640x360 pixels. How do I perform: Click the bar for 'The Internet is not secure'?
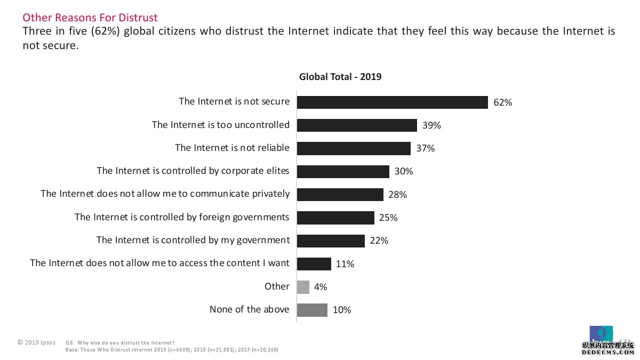pos(392,102)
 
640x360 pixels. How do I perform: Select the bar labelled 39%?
pos(357,125)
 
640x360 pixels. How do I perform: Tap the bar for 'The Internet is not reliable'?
pos(354,148)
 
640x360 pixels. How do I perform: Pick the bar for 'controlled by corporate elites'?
pos(343,171)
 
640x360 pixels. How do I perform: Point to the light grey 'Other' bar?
pos(303,287)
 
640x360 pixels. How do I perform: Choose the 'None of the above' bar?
pos(312,310)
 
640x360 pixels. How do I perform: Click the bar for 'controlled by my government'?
pos(331,241)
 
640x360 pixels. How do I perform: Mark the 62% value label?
pos(502,102)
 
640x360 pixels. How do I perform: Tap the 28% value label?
pos(397,195)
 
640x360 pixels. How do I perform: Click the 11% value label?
pos(345,264)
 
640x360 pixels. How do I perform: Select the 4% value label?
pos(321,287)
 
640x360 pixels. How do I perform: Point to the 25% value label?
pos(388,218)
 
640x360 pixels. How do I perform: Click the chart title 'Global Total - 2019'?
pos(340,77)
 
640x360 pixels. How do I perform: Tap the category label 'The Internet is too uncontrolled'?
pos(221,125)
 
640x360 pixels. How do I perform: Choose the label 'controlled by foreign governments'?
pos(182,217)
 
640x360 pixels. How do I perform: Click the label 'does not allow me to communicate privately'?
pos(165,194)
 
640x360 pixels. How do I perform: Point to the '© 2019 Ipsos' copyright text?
pos(36,342)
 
